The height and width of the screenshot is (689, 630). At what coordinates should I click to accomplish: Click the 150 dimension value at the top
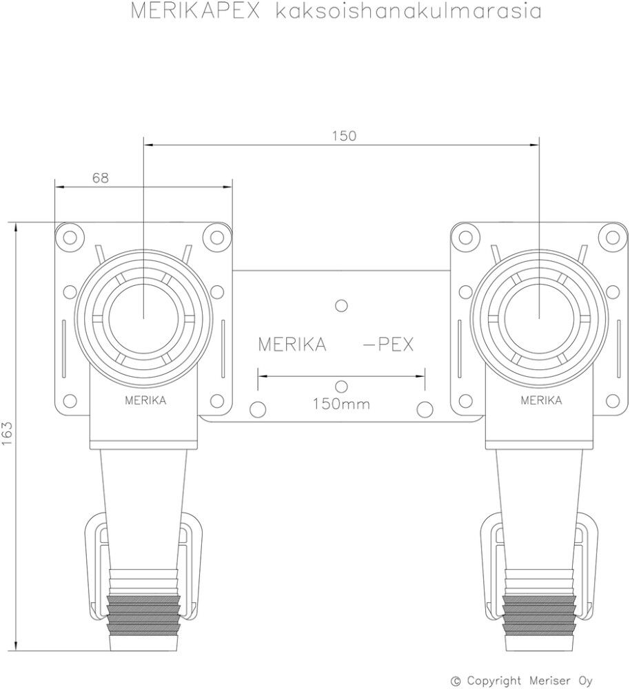click(344, 136)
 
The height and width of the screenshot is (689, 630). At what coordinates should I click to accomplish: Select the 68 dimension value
click(100, 178)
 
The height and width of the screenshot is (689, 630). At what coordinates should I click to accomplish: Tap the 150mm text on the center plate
click(341, 404)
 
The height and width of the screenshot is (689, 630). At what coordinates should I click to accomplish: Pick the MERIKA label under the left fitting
click(145, 401)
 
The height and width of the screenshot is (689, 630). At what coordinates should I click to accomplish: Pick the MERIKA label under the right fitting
click(540, 401)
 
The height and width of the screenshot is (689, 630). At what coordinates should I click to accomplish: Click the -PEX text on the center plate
click(388, 345)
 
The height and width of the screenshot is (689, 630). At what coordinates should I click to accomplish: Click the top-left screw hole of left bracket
click(69, 238)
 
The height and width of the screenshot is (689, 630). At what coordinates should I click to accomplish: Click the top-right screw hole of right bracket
click(611, 238)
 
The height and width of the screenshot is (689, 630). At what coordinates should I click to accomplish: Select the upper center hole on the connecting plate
click(341, 304)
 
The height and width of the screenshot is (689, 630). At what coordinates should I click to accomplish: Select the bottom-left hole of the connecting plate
click(257, 409)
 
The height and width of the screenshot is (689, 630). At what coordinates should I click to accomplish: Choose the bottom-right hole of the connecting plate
click(425, 409)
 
